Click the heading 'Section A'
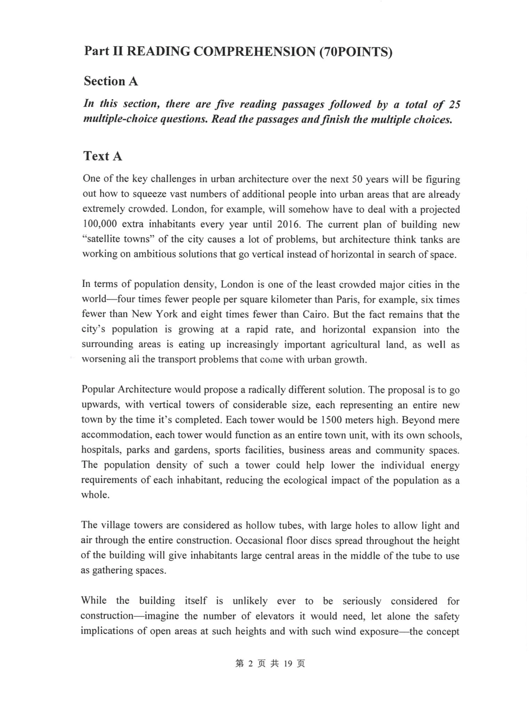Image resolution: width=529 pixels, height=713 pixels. point(111,81)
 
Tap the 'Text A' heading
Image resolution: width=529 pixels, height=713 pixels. point(103,156)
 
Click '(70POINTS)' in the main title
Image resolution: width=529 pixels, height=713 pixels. point(355,52)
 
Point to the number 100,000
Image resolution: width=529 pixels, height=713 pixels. point(100,224)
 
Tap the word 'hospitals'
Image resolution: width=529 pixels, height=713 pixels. point(102,450)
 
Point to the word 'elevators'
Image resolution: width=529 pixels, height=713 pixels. point(289,616)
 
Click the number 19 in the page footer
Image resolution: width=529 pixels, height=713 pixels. point(288,663)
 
